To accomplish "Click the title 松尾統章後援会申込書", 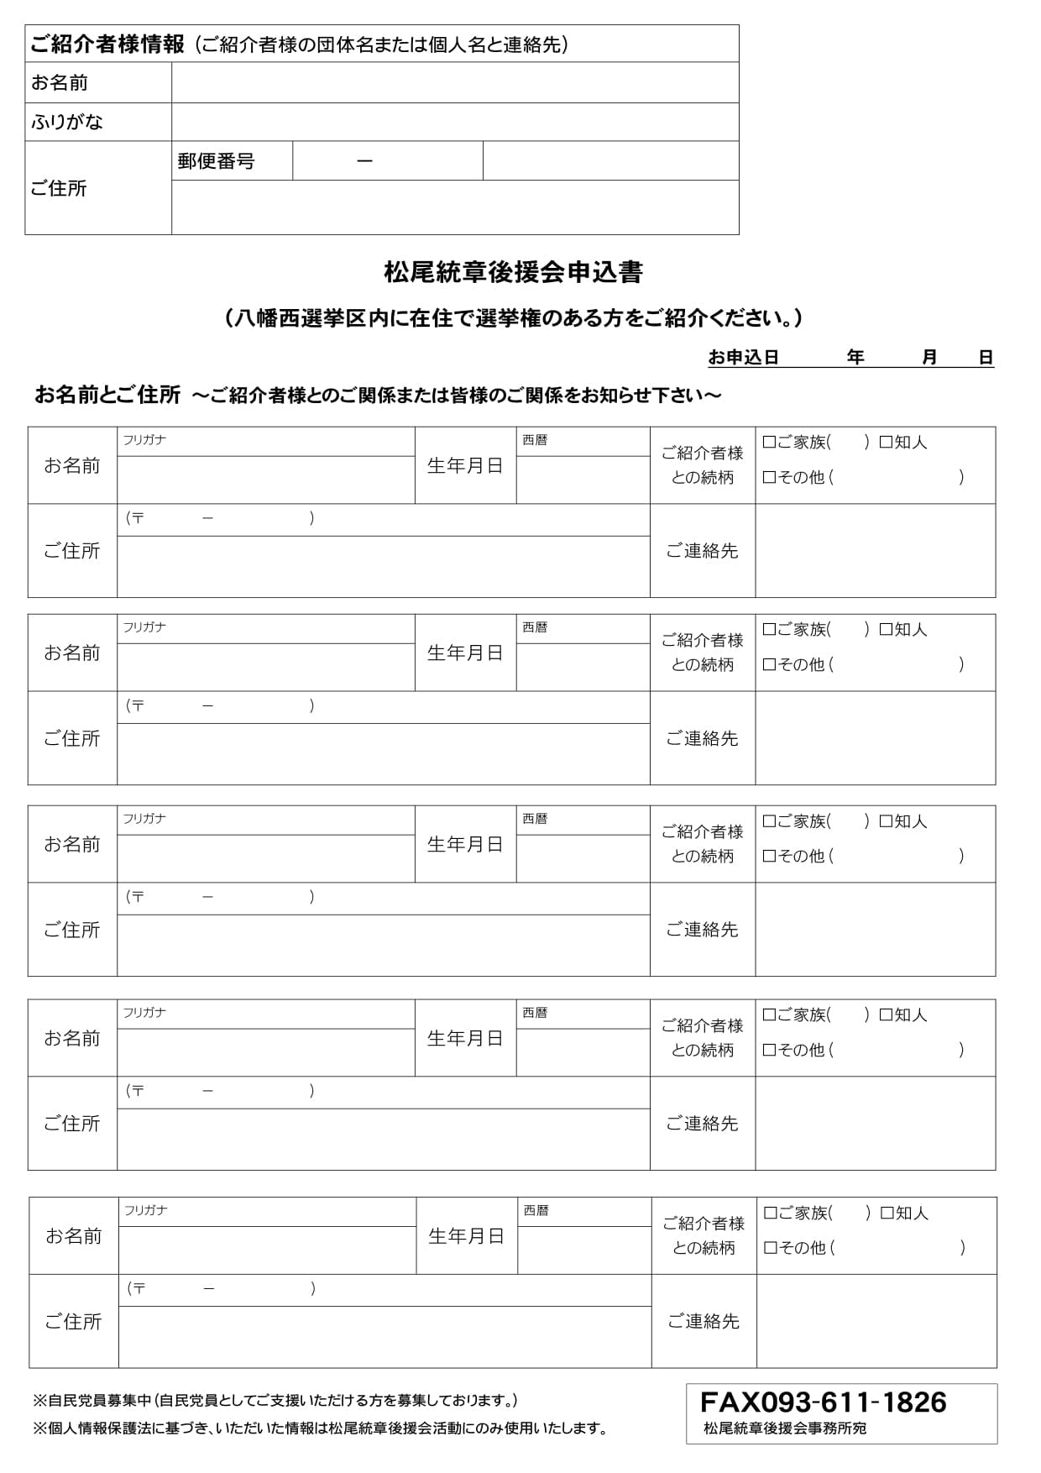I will (x=513, y=273).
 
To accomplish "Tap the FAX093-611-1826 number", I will (x=823, y=1402).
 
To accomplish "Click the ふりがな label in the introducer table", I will (x=67, y=122).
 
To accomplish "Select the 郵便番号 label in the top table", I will (x=216, y=161).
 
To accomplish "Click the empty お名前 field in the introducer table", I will (x=454, y=82).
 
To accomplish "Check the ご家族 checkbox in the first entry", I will (x=769, y=442).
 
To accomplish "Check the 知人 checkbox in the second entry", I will (x=886, y=629).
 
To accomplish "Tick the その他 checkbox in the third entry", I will (x=769, y=856).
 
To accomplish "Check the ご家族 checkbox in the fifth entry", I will (x=771, y=1213).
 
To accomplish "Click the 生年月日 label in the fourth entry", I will (x=465, y=1039).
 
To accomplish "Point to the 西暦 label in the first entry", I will (x=535, y=440).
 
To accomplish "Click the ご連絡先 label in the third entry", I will (x=702, y=930).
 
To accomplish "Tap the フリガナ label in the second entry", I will (x=144, y=627).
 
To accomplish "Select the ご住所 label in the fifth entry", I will (x=73, y=1322).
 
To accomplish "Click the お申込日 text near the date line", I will (x=743, y=358).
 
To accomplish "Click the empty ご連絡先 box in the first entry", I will (x=875, y=551).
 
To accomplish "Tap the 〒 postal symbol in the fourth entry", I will (x=137, y=1091).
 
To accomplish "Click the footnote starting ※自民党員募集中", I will (x=275, y=1401).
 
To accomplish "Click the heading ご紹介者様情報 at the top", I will (x=107, y=45).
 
